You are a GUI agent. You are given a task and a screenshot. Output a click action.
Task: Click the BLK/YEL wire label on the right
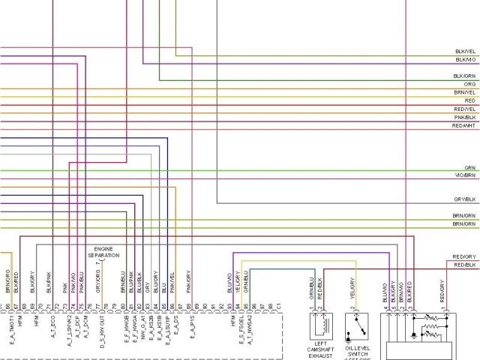point(464,52)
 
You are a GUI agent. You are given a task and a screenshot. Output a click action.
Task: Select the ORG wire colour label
point(469,85)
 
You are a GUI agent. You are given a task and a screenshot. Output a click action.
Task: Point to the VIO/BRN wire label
point(465,176)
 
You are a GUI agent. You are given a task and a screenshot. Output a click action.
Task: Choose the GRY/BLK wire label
point(464,199)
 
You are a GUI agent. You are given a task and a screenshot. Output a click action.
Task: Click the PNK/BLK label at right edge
point(464,118)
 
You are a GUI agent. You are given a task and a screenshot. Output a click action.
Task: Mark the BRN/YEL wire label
point(464,93)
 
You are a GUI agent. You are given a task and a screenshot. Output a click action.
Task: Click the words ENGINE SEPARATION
point(103,252)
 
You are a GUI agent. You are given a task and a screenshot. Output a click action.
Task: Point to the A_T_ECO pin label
point(53,327)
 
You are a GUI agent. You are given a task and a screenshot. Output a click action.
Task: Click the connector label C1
point(278,307)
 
